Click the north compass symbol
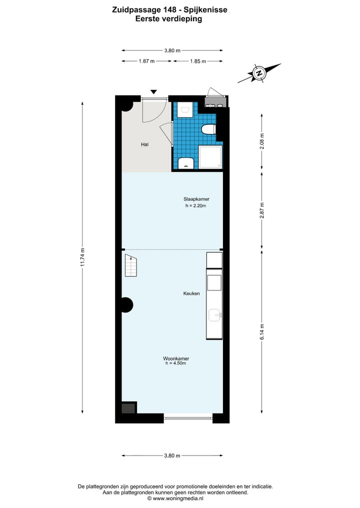[259, 73]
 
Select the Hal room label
[144, 144]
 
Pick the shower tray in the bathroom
[210, 157]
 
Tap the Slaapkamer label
[196, 199]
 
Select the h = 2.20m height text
[196, 205]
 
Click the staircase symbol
[130, 265]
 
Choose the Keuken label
[191, 293]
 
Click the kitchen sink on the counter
[214, 315]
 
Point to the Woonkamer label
[175, 358]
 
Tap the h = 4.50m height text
[175, 364]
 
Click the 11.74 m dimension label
[82, 258]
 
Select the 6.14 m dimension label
[261, 332]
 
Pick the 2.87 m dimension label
[261, 210]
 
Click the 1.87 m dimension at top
[146, 61]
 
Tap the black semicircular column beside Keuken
[126, 305]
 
